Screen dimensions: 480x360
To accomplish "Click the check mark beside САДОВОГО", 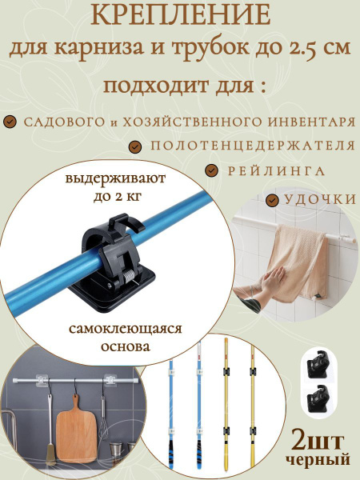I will [x=10, y=122].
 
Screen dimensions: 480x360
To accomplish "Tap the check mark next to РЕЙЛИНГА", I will [x=211, y=171].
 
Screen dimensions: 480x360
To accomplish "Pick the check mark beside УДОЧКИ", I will [x=273, y=198].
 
